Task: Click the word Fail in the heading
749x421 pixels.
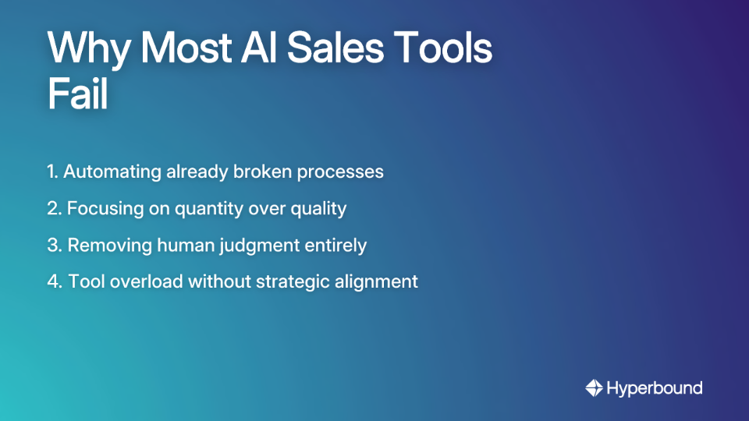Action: point(76,97)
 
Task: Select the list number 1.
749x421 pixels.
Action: point(52,172)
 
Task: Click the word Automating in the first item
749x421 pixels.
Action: point(112,172)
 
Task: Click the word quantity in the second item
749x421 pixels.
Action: point(184,209)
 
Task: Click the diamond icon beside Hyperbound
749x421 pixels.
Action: point(594,387)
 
